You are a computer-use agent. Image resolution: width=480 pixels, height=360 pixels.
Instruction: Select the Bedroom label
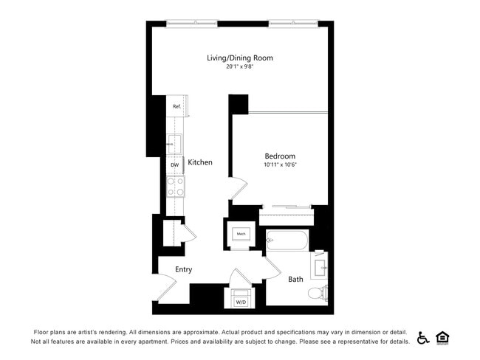point(280,156)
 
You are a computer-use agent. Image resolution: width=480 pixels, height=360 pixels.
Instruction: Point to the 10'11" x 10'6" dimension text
point(280,165)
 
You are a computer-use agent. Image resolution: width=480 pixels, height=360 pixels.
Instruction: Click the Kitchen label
point(200,162)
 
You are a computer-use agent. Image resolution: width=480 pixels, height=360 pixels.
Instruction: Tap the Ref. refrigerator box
point(177,106)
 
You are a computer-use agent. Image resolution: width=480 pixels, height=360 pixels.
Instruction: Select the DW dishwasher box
point(175,165)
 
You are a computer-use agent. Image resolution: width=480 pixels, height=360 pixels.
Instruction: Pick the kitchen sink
point(175,143)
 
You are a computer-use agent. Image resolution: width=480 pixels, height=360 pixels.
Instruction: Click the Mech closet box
point(241,235)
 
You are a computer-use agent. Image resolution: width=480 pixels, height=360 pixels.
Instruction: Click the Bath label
point(295,280)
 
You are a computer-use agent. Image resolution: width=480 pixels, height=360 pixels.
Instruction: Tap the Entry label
point(183,269)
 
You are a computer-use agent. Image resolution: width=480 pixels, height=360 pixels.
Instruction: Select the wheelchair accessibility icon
point(423,337)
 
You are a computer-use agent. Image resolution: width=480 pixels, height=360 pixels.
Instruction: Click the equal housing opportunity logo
point(443,337)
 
